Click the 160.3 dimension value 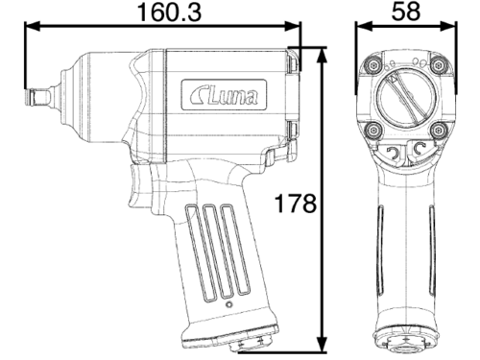click(169, 12)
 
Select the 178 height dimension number click(296, 203)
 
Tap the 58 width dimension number click(406, 12)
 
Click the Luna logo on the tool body click(224, 95)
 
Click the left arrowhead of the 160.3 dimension click(32, 27)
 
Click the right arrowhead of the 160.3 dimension click(293, 27)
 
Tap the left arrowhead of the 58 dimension click(364, 27)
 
